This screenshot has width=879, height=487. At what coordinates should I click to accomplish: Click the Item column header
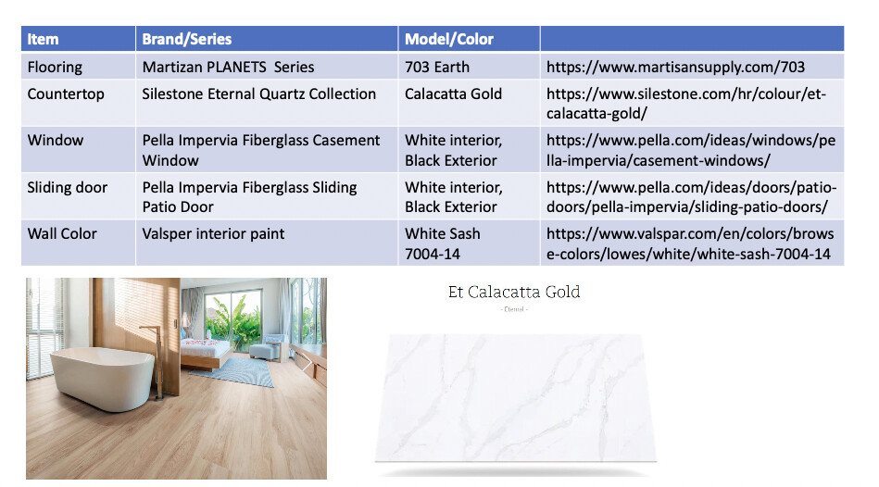click(x=43, y=39)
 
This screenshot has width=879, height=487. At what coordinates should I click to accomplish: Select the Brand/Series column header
click(x=187, y=39)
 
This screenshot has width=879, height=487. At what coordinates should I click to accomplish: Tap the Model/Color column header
click(x=449, y=39)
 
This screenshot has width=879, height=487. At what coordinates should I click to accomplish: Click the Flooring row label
click(x=55, y=68)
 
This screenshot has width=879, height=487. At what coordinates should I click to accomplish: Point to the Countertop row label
click(x=66, y=94)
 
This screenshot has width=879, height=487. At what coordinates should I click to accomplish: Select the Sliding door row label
click(x=68, y=187)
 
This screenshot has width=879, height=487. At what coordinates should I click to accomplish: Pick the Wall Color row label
click(x=62, y=233)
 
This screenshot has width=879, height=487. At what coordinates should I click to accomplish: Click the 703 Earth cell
click(x=437, y=68)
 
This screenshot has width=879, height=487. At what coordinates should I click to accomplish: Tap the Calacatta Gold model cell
click(x=454, y=94)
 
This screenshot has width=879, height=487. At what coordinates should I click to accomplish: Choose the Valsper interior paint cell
click(x=214, y=233)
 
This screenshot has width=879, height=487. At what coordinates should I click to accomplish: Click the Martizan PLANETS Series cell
click(x=228, y=68)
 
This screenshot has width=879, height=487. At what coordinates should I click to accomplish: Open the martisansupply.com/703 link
click(x=675, y=68)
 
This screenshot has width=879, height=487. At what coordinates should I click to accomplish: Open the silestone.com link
click(x=686, y=104)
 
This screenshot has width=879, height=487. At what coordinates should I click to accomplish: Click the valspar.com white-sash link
click(x=690, y=243)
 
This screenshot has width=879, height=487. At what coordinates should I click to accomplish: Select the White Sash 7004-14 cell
click(x=443, y=243)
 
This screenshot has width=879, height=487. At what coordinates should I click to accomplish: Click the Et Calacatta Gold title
click(x=514, y=292)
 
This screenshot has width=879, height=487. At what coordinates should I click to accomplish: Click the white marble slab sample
click(x=516, y=398)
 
